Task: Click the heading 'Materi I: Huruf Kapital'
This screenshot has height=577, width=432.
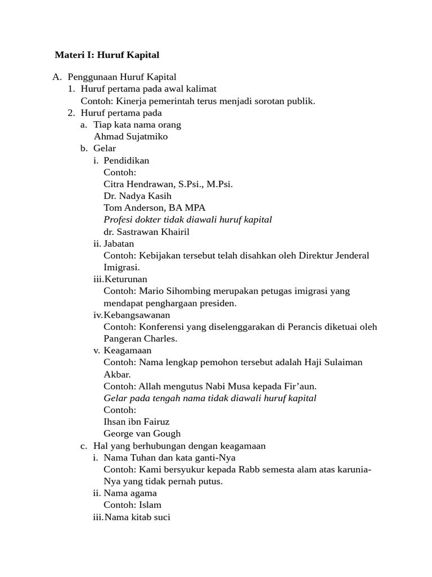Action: click(x=107, y=55)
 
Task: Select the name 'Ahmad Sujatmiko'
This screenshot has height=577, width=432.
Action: click(x=130, y=136)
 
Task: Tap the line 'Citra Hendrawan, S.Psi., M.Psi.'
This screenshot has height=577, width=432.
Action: click(x=168, y=184)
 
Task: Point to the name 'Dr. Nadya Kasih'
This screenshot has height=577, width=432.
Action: click(x=137, y=196)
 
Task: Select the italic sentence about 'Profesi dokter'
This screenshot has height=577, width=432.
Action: click(x=188, y=220)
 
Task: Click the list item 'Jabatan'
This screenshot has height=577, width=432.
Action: click(x=119, y=243)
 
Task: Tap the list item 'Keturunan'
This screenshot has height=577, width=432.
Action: click(x=125, y=279)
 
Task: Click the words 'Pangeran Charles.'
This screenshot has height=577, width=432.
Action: click(x=140, y=339)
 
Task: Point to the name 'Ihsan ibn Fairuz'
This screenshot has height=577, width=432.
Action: click(x=136, y=421)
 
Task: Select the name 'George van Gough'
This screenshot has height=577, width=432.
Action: click(x=142, y=433)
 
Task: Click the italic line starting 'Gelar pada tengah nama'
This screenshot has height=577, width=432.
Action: click(x=210, y=398)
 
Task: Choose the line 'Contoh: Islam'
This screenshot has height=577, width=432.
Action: click(x=132, y=505)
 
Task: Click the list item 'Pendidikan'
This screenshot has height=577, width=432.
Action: click(x=127, y=161)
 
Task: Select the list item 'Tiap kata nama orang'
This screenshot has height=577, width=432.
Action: click(x=137, y=125)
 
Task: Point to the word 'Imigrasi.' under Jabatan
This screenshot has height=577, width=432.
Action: click(x=121, y=267)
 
